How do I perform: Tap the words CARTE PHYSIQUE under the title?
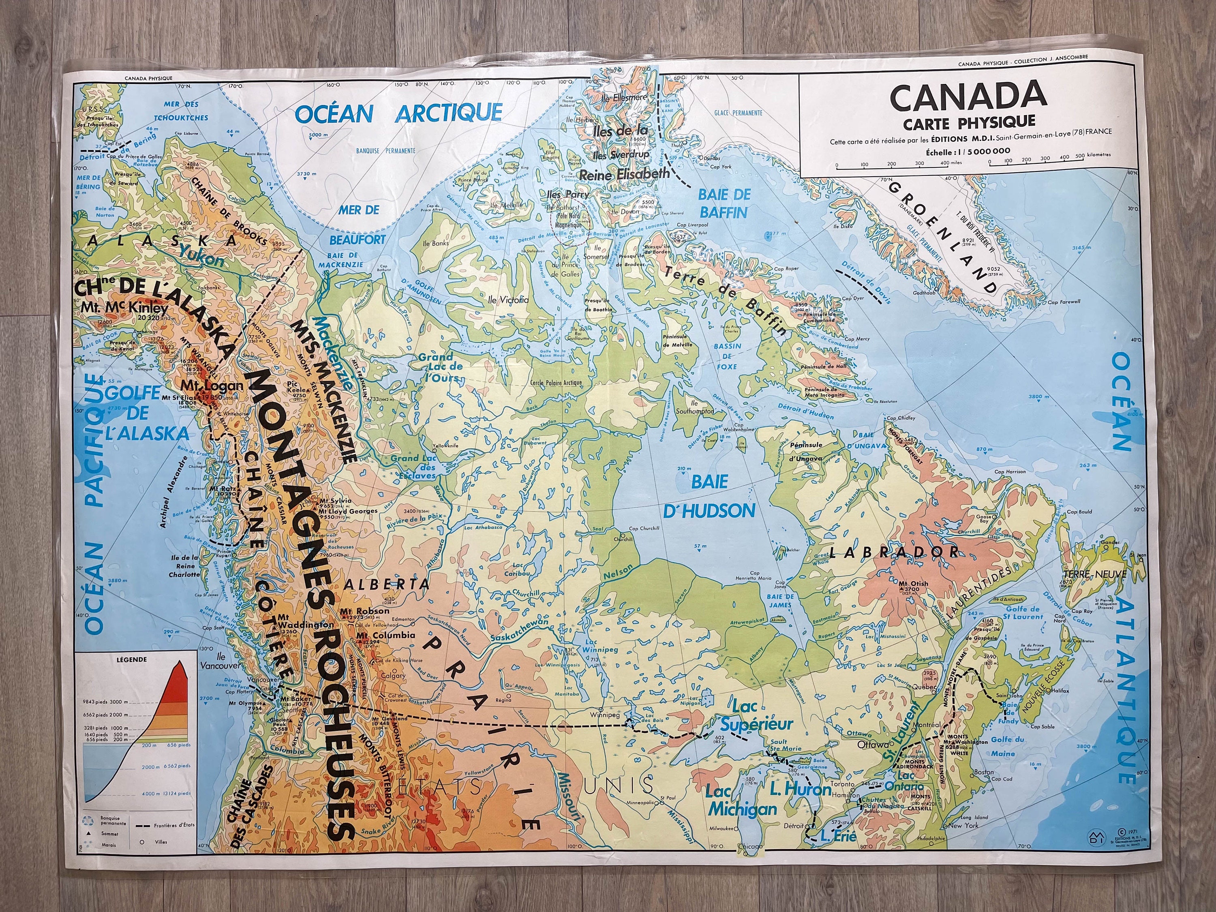click(x=969, y=120)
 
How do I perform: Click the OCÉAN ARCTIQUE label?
click(x=398, y=113)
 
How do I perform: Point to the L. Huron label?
click(x=801, y=790)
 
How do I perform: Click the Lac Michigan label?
click(x=742, y=801)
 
